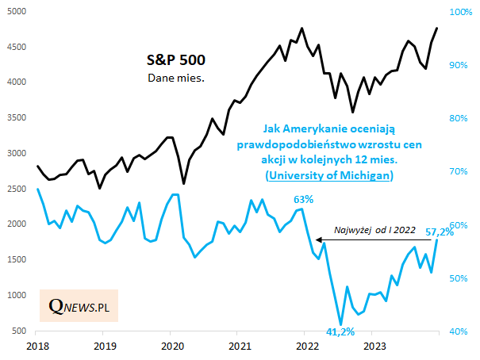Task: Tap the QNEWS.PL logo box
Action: (79, 305)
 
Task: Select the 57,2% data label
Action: (439, 232)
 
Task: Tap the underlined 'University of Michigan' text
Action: (328, 174)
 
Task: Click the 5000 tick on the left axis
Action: (17, 12)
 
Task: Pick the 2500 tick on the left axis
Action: (17, 189)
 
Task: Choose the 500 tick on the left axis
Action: (20, 331)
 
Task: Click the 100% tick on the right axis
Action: (461, 12)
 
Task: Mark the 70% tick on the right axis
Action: (461, 171)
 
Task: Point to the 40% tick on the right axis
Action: (461, 331)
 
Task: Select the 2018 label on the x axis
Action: (36, 347)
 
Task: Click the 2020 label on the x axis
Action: (172, 347)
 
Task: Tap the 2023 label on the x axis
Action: (374, 347)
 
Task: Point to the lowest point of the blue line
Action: (341, 324)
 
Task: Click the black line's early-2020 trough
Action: (184, 184)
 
